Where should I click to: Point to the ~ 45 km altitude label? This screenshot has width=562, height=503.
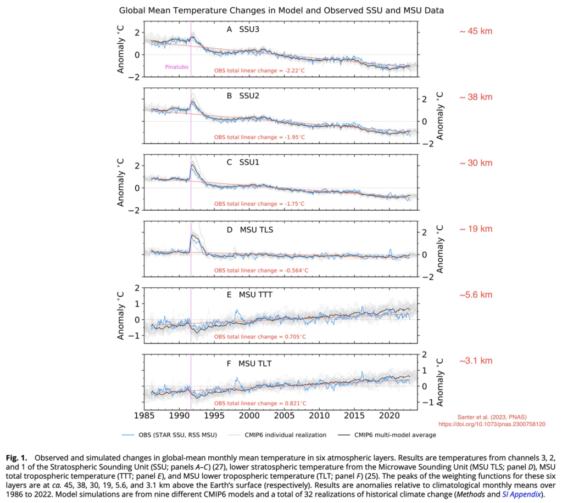click(x=476, y=31)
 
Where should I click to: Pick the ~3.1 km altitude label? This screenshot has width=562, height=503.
click(x=476, y=361)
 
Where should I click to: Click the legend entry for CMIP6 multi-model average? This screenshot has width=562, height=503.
click(x=395, y=435)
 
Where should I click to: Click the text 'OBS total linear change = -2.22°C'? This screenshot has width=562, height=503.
click(x=259, y=70)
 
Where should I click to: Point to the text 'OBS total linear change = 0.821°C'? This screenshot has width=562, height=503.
click(x=259, y=404)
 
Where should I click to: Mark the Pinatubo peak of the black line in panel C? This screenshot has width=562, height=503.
click(x=193, y=165)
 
